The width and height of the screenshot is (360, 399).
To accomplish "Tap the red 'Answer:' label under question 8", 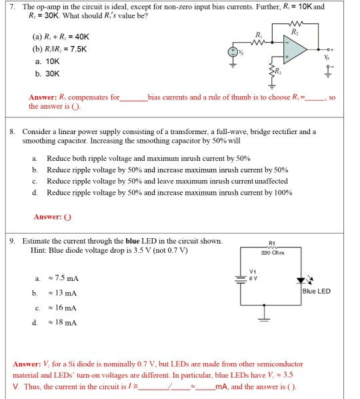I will [x=47, y=217].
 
